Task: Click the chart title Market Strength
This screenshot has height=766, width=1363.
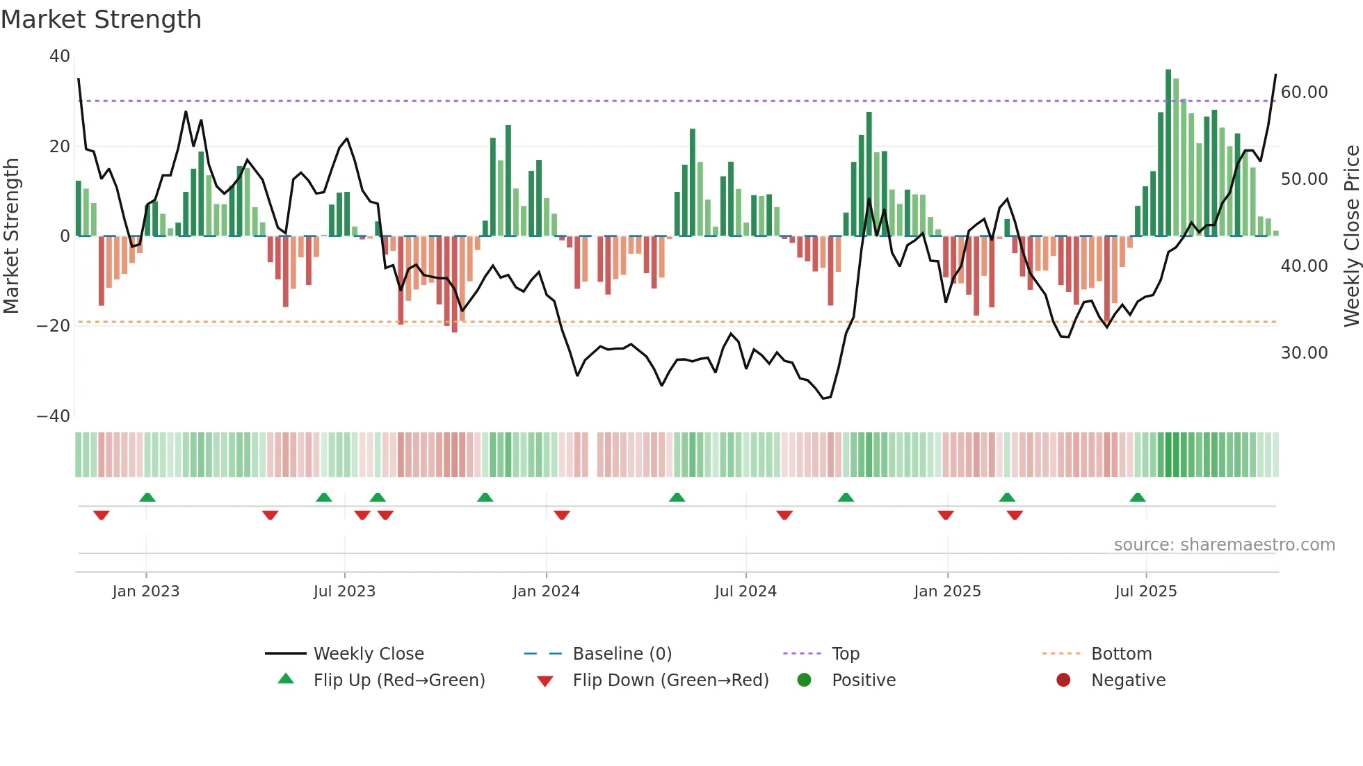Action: pyautogui.click(x=101, y=19)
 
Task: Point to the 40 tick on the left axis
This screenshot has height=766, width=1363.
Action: pyautogui.click(x=60, y=56)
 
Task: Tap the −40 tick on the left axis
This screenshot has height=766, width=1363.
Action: pyautogui.click(x=54, y=416)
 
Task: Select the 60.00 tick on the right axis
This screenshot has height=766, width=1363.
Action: pyautogui.click(x=1304, y=92)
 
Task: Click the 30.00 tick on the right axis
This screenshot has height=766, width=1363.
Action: pyautogui.click(x=1304, y=353)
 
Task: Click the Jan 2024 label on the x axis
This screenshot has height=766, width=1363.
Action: pyautogui.click(x=546, y=592)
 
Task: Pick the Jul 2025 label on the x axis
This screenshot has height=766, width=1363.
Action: pyautogui.click(x=1145, y=592)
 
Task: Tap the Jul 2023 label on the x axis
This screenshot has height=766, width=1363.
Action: pyautogui.click(x=344, y=592)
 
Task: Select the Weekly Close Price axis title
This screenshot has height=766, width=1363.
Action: pyautogui.click(x=1351, y=236)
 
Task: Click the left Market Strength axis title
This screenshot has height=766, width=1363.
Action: pyautogui.click(x=12, y=236)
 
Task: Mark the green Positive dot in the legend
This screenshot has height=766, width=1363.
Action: pyautogui.click(x=805, y=681)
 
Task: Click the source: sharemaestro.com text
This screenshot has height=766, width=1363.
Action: pyautogui.click(x=1224, y=545)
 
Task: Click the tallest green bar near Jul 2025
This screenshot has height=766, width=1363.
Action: pyautogui.click(x=1168, y=153)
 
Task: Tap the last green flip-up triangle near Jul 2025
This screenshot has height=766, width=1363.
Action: pyautogui.click(x=1138, y=498)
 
